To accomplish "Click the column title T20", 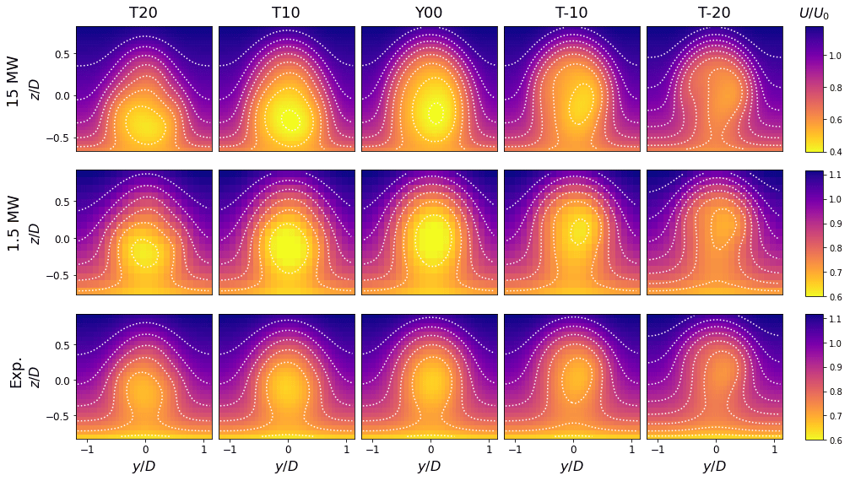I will (x=143, y=13).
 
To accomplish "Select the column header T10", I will (x=286, y=13).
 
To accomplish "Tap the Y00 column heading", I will (x=429, y=13).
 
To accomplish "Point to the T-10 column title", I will (x=571, y=13).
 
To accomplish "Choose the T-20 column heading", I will (x=714, y=13).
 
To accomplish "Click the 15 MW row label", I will (x=14, y=89).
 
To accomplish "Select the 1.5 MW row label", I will (x=14, y=232).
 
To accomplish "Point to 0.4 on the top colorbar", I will (x=834, y=152).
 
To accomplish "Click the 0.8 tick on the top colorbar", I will (x=834, y=89).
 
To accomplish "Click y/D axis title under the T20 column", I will (x=143, y=467).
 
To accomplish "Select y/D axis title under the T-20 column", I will (x=714, y=467).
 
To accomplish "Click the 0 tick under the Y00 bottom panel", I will (x=430, y=449).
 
